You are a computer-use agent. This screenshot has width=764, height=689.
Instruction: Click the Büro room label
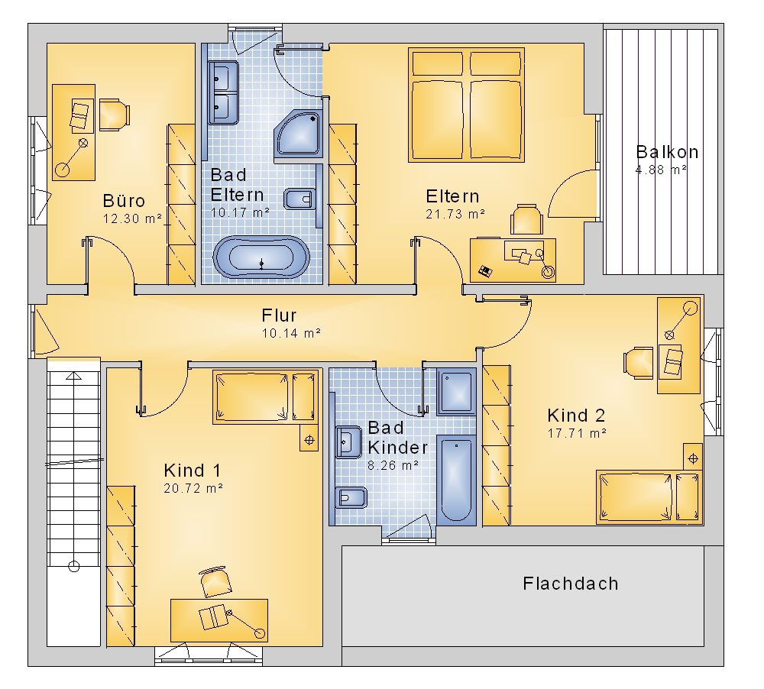point(124,201)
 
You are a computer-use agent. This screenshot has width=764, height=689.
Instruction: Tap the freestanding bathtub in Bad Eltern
point(261,257)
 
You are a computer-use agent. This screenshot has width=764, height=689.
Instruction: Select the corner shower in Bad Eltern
point(298,134)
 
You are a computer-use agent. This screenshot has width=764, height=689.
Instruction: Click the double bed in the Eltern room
point(466,105)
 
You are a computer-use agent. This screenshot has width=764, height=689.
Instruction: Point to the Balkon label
point(667,152)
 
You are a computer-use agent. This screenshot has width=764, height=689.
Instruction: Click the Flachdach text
point(571,584)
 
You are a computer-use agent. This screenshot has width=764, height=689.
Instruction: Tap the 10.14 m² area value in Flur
point(291,333)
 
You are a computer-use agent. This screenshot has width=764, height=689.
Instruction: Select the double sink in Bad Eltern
point(223,92)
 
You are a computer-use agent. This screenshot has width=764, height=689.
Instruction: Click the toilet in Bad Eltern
point(298,199)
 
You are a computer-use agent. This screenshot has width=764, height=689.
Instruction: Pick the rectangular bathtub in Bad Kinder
point(457,480)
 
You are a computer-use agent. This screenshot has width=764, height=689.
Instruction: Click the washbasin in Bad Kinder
point(348,442)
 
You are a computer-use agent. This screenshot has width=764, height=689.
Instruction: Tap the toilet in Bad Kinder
point(351,497)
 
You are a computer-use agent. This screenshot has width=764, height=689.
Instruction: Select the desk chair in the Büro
point(115,115)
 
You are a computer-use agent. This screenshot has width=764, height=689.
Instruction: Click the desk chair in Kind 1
point(215,582)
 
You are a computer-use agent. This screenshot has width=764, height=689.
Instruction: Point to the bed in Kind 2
point(648,497)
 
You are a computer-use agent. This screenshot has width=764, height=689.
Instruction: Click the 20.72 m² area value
point(193,488)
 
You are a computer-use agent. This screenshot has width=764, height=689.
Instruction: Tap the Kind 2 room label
point(576,416)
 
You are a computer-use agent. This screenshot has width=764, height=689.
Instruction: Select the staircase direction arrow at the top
point(73,375)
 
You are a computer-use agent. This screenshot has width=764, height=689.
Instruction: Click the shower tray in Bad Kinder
point(456,391)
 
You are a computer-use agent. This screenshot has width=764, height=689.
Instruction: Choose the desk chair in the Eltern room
point(526,219)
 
